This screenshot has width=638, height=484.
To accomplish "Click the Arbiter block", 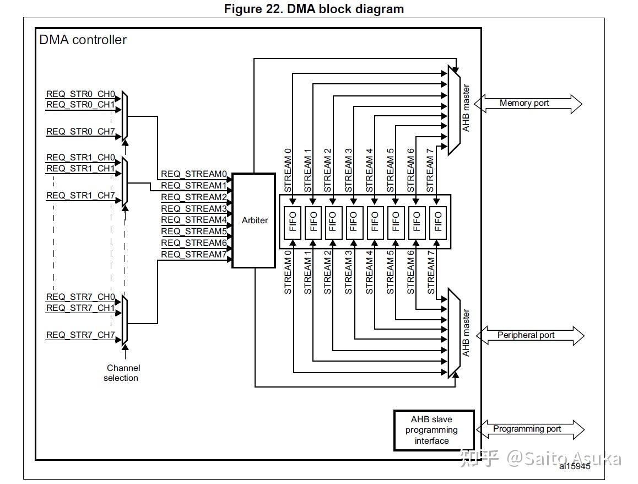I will (254, 221).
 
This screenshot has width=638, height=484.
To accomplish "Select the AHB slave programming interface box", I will (434, 430).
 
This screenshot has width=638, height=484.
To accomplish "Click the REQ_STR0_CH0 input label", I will (80, 94).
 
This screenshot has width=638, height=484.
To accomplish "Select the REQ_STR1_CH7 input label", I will (80, 196).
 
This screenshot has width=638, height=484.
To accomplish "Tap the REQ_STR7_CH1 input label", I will (80, 308).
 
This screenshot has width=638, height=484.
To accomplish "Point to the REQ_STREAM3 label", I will (194, 209).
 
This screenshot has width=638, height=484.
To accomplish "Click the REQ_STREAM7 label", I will (194, 254).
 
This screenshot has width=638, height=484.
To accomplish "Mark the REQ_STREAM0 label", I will (194, 174).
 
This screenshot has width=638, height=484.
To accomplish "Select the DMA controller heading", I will (83, 40).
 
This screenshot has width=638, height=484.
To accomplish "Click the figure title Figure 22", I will (314, 9).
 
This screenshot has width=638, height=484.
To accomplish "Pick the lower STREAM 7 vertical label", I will (431, 272).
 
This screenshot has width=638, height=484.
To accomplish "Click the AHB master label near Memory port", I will (467, 108).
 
